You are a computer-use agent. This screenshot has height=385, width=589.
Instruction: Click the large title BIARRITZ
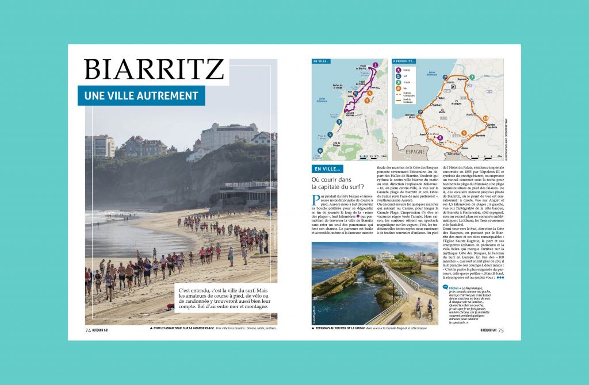click(154, 70)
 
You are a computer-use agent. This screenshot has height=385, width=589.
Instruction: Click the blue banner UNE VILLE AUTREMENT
click(141, 96)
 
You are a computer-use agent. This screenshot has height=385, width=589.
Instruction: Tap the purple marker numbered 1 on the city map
click(375, 65)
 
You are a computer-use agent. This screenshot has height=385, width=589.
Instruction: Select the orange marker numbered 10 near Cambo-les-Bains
click(485, 118)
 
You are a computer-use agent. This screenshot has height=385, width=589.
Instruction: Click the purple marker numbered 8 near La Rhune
click(440, 138)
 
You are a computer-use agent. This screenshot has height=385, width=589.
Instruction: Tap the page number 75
click(500, 330)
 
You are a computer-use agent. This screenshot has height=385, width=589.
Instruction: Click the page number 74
click(88, 330)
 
